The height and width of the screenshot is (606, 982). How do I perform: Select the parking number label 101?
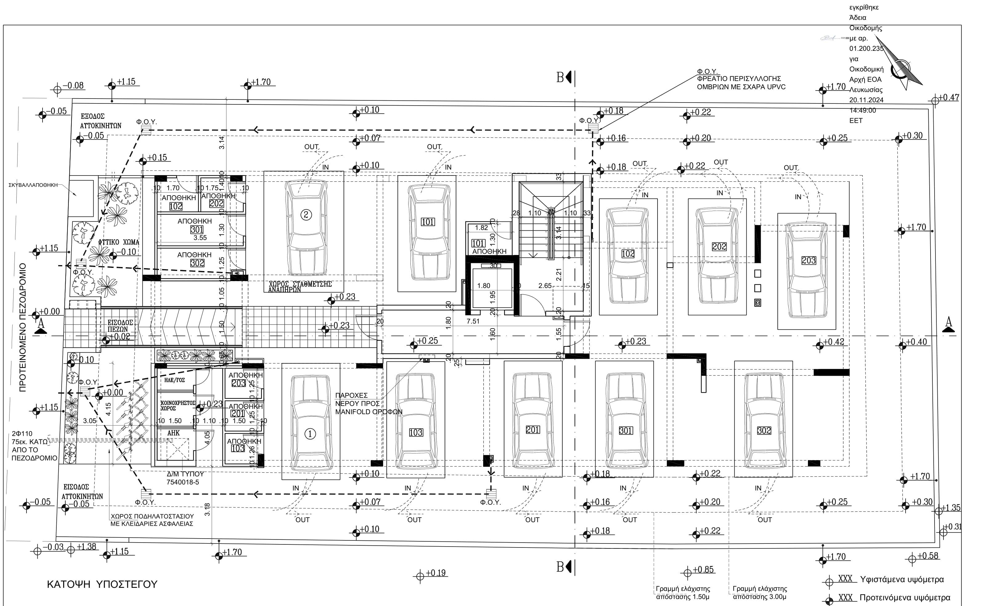pyautogui.click(x=427, y=222)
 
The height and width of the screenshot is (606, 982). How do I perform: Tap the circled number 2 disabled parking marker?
pyautogui.click(x=306, y=215)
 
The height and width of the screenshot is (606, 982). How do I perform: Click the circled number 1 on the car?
pyautogui.click(x=310, y=434)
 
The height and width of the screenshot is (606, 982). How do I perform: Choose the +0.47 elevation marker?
pyautogui.click(x=948, y=97)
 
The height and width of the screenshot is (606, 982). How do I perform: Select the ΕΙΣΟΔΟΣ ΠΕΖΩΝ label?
pyautogui.click(x=120, y=325)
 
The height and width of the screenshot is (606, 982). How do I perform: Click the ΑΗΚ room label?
pyautogui.click(x=173, y=433)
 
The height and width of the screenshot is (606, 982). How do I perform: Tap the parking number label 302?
pyautogui.click(x=764, y=430)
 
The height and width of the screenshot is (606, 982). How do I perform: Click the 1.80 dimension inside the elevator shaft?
pyautogui.click(x=483, y=286)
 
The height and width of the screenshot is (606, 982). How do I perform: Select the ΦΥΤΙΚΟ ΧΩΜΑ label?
pyautogui.click(x=119, y=242)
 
